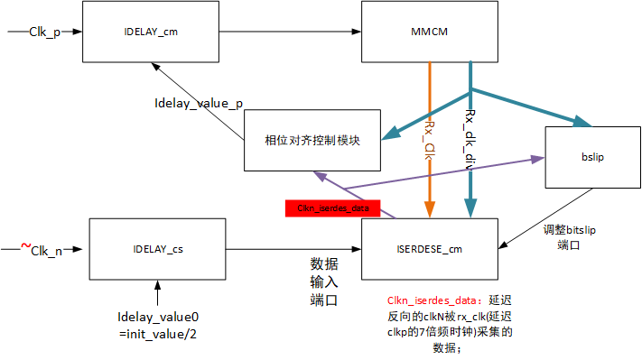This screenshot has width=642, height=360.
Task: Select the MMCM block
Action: [431, 32]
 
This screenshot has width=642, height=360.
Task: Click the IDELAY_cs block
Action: [157, 248]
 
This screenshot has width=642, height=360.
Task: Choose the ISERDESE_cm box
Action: [431, 248]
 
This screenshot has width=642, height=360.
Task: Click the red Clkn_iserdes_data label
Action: [333, 208]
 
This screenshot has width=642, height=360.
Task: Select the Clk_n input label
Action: [46, 252]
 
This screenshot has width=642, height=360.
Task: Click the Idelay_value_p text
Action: [198, 104]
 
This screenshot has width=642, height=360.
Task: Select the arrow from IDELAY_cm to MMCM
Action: [289, 32]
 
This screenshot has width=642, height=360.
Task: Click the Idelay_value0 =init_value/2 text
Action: [157, 325]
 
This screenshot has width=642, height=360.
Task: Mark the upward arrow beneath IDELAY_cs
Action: [157, 293]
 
